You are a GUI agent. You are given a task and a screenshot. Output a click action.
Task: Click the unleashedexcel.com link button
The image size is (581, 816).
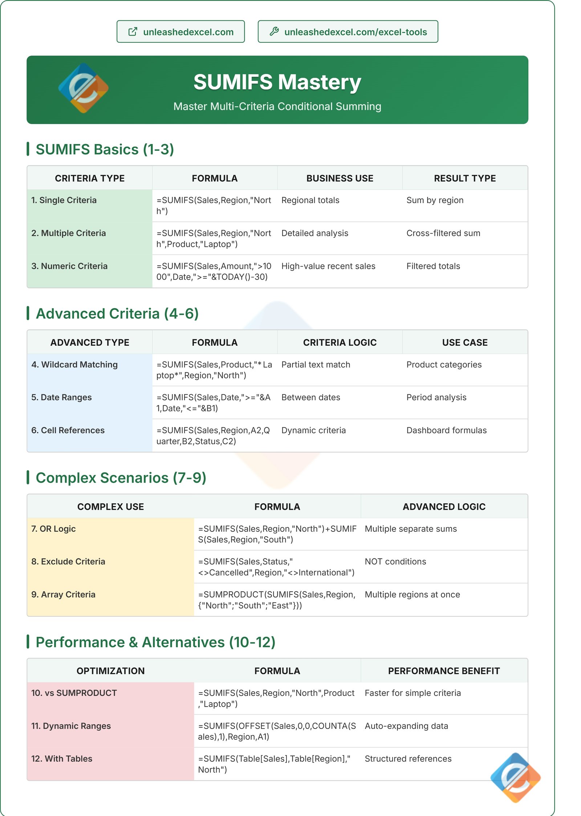click(180, 32)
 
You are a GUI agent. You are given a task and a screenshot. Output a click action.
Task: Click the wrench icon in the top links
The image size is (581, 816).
click(274, 32)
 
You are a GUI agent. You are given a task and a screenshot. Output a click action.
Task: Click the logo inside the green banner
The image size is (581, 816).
click(84, 88)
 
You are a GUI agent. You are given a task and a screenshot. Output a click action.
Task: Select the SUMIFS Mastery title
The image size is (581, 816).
click(277, 82)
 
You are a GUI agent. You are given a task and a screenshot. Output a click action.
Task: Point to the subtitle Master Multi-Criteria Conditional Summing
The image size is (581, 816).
click(277, 106)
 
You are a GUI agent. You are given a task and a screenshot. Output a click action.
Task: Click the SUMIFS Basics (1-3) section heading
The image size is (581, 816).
click(105, 149)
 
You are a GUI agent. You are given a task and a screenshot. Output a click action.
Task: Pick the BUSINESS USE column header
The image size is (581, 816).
click(340, 178)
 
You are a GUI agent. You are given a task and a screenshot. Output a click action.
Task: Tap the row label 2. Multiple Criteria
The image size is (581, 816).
click(69, 233)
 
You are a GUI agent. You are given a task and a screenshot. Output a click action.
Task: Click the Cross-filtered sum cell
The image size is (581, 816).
click(443, 233)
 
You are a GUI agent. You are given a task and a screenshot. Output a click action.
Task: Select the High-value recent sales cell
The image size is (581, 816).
click(328, 266)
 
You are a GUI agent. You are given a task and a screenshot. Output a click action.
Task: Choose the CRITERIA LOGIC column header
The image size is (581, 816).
click(340, 343)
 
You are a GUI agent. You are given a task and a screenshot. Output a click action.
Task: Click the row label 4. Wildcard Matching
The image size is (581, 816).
click(74, 364)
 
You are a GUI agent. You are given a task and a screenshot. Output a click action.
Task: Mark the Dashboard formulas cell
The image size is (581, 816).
click(446, 430)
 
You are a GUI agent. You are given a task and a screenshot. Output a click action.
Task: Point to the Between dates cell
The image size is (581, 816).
click(311, 397)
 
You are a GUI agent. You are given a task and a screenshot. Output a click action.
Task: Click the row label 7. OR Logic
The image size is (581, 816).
click(54, 529)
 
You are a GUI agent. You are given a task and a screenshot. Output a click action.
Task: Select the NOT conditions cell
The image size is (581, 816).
click(395, 561)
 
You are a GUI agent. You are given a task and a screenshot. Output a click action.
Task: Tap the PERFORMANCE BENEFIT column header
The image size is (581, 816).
click(444, 671)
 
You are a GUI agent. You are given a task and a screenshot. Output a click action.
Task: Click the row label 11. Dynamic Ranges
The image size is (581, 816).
click(71, 726)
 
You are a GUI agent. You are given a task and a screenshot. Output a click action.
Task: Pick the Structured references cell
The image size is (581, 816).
click(408, 759)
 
